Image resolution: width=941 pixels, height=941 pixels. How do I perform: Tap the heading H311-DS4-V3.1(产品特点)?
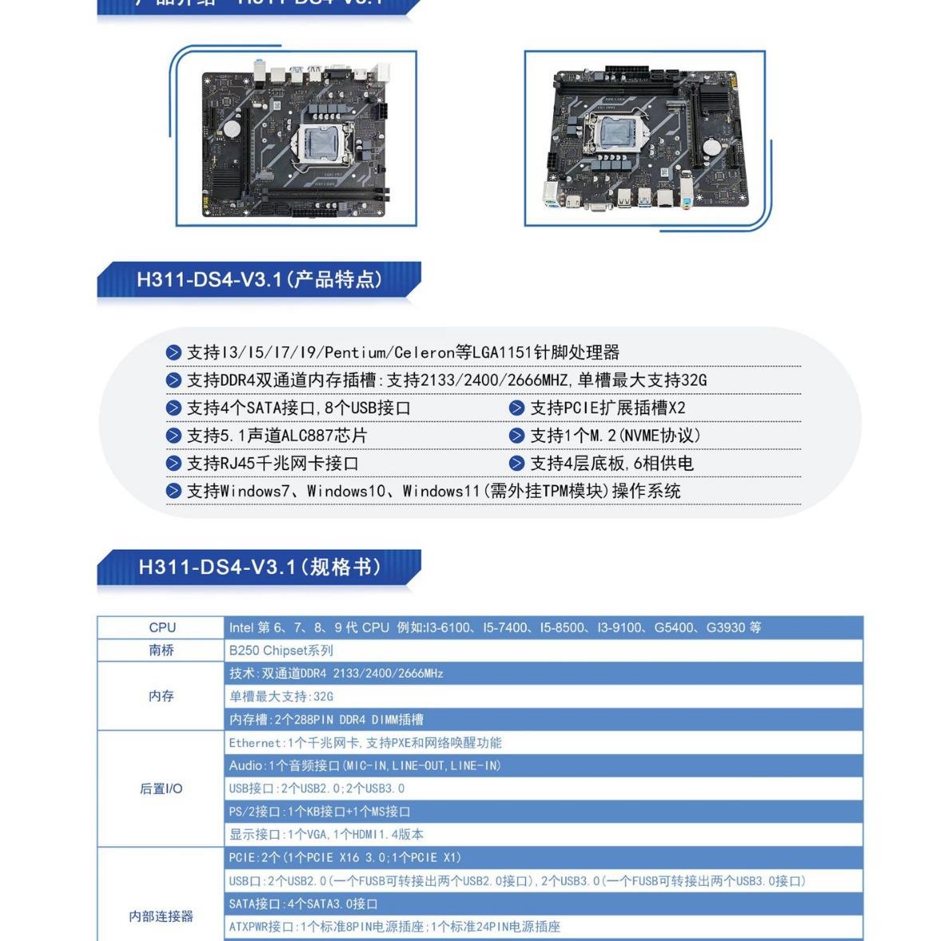click(x=259, y=280)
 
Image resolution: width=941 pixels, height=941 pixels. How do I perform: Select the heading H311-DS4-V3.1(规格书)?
click(x=259, y=567)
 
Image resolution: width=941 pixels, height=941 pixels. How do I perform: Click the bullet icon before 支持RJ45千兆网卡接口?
click(x=173, y=464)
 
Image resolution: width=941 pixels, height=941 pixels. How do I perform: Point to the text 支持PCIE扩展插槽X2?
click(x=607, y=408)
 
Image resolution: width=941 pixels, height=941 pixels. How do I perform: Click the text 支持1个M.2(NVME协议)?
click(x=615, y=436)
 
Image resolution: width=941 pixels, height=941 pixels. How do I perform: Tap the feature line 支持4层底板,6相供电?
click(x=611, y=464)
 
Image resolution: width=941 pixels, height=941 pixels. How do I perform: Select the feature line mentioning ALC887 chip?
click(x=276, y=436)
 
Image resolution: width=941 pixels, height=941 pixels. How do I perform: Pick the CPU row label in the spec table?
click(x=162, y=627)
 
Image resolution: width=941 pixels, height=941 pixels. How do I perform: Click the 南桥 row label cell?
click(x=161, y=650)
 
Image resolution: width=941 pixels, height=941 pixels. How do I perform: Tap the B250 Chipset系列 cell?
click(x=281, y=650)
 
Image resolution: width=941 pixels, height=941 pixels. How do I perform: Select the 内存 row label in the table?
click(x=161, y=696)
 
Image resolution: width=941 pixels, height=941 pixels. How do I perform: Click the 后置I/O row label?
click(x=161, y=789)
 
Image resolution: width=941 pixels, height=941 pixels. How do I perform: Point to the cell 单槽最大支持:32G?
click(x=281, y=697)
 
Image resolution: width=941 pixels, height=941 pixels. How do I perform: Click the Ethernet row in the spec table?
click(x=365, y=743)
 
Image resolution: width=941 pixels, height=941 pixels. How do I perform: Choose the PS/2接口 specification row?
click(x=319, y=812)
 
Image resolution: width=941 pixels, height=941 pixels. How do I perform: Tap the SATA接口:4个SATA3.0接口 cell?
click(x=303, y=904)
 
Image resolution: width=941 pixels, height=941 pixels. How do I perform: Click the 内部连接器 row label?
click(x=161, y=916)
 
